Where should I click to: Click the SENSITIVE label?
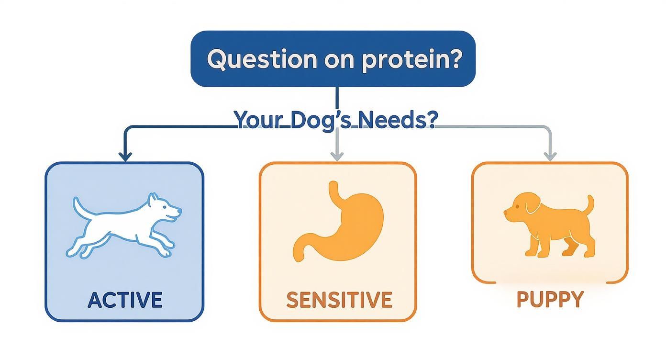(x=339, y=299)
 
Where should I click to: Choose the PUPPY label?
(x=550, y=299)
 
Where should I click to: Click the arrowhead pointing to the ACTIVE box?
(x=125, y=157)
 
